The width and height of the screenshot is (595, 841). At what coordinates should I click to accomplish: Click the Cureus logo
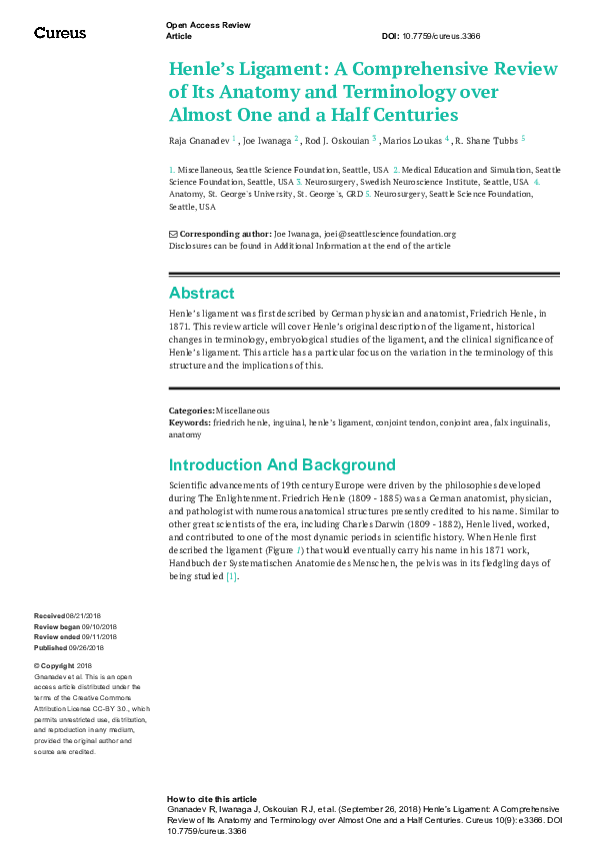click(60, 33)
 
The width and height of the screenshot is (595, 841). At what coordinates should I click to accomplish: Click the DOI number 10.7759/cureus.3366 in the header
click(445, 36)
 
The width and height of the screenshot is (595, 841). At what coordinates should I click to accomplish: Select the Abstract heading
click(201, 294)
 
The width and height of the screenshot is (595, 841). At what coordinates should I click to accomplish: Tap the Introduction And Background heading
click(282, 465)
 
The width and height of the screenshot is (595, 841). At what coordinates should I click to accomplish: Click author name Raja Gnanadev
click(199, 141)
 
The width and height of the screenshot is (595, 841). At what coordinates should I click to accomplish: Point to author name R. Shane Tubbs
click(489, 141)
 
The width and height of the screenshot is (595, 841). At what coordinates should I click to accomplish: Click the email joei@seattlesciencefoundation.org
click(389, 234)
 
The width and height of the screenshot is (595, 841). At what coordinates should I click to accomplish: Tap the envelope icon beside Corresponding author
click(173, 234)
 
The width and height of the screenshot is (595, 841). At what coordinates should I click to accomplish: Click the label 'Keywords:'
click(190, 422)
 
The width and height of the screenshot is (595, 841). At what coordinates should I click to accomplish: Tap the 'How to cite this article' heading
click(211, 799)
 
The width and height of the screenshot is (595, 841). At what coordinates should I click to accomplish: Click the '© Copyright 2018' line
click(63, 665)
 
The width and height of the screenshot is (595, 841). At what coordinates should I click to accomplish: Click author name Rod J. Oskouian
click(339, 141)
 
